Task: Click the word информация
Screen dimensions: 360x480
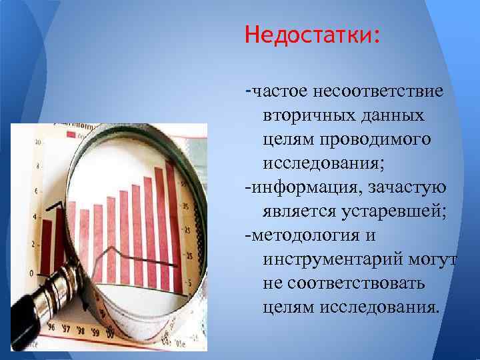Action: (297, 189)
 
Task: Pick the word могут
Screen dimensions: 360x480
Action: (434, 261)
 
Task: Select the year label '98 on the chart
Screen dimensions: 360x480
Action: (81, 331)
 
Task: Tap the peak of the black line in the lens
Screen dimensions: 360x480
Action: (115, 248)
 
